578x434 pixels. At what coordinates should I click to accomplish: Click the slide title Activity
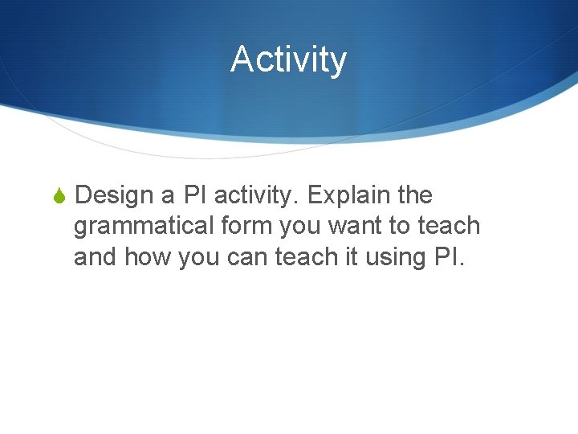point(288,59)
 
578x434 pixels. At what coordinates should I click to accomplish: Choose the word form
point(245,226)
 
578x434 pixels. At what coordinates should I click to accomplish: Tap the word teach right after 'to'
point(449,226)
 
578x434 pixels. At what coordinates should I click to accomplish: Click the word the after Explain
point(414,195)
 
